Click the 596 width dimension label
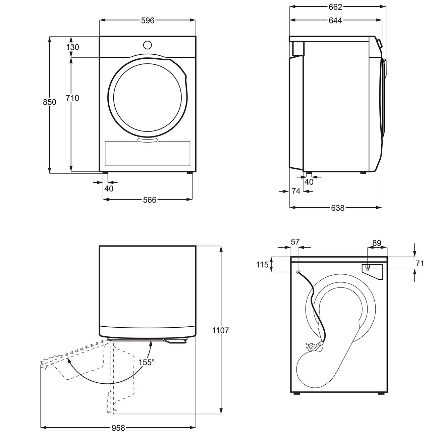[x=148, y=21]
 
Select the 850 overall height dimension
[x=50, y=102]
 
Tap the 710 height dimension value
[x=72, y=98]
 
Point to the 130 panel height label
[x=72, y=47]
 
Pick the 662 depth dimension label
[x=335, y=7]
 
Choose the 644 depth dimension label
[x=335, y=21]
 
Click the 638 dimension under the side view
[x=337, y=208]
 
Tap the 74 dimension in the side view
[x=295, y=191]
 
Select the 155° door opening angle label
[x=147, y=363]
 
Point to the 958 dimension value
[x=118, y=428]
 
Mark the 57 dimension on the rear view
[x=295, y=241]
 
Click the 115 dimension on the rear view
[x=262, y=265]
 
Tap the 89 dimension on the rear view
[x=377, y=243]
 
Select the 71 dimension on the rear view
[x=420, y=264]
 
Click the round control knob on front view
[x=147, y=45]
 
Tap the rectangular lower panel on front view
[x=148, y=153]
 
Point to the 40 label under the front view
[x=109, y=188]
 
